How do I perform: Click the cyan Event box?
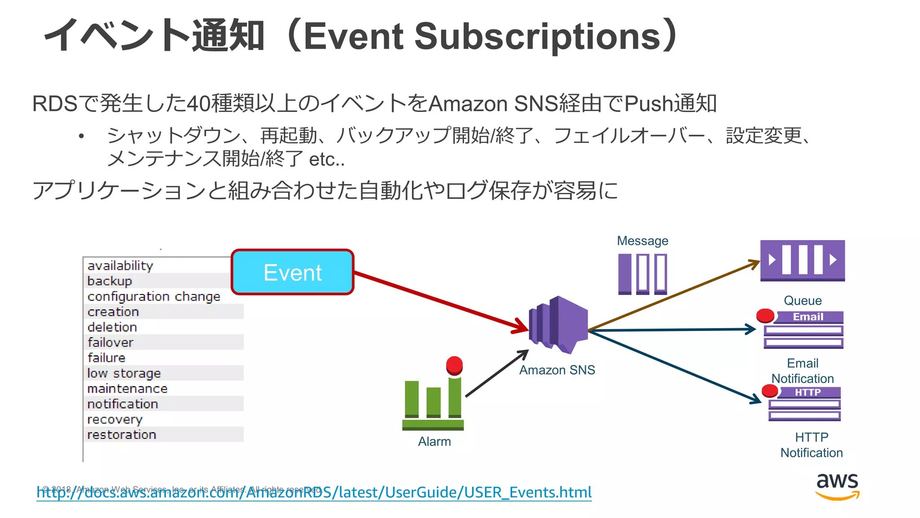(292, 272)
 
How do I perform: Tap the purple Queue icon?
(802, 260)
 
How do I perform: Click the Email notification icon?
(803, 330)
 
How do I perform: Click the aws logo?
(837, 486)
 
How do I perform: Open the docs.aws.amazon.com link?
(314, 493)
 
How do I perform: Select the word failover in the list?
(111, 343)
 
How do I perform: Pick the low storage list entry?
(124, 373)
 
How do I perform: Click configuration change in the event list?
(154, 297)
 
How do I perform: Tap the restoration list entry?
(122, 435)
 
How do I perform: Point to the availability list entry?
(120, 266)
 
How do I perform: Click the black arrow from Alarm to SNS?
(496, 374)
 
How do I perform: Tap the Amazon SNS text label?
(557, 370)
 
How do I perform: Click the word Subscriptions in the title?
(537, 36)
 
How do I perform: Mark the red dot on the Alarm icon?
(454, 365)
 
